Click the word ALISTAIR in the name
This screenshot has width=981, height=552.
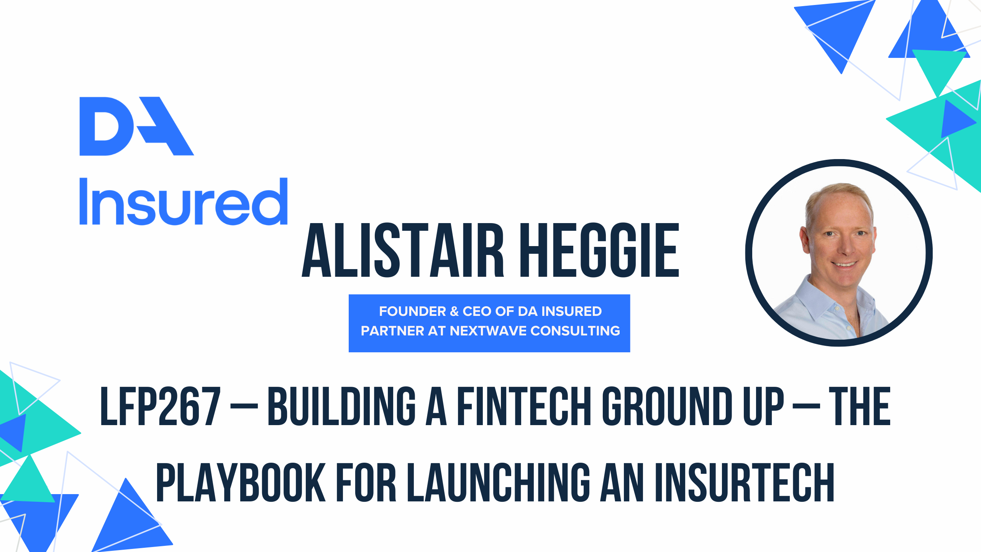[x=403, y=250]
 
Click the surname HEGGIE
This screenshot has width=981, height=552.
[x=601, y=250]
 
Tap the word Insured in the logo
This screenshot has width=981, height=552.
[x=183, y=201]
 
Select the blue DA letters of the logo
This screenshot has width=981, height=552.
[x=136, y=126]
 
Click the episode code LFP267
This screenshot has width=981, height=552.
[x=161, y=406]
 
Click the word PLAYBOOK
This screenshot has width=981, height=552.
[x=241, y=482]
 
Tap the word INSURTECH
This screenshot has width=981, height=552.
[x=745, y=482]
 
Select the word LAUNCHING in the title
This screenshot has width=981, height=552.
[x=499, y=482]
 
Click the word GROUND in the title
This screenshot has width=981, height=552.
[x=667, y=406]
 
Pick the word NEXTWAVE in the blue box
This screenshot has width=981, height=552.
[x=488, y=331]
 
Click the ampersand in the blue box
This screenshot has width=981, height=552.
[x=454, y=311]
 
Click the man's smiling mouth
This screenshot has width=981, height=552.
[x=844, y=264]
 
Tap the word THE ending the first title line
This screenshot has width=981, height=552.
[x=860, y=406]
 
